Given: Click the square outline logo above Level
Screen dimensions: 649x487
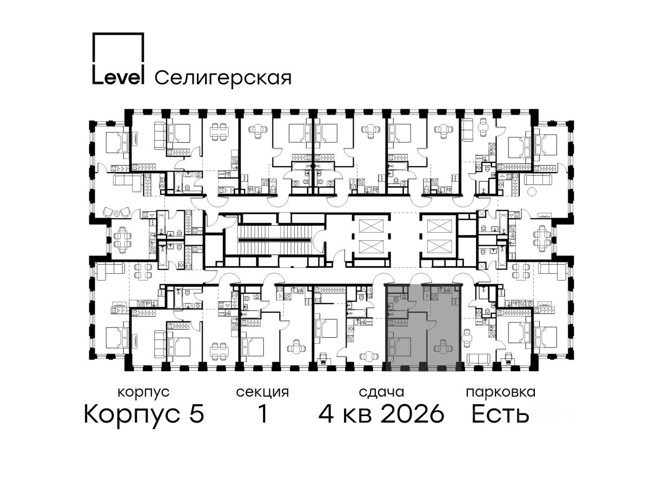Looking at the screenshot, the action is pyautogui.click(x=118, y=34).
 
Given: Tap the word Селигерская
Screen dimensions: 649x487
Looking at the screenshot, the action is pyautogui.click(x=223, y=78).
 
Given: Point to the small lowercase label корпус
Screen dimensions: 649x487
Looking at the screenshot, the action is pyautogui.click(x=144, y=393).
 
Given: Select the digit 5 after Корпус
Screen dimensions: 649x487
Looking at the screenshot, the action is pyautogui.click(x=197, y=414).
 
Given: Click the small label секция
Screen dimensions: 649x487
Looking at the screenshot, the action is pyautogui.click(x=262, y=393).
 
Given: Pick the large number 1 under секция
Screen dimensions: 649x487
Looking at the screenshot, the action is pyautogui.click(x=263, y=413).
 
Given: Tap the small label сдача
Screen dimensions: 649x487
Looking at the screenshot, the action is pyautogui.click(x=381, y=392).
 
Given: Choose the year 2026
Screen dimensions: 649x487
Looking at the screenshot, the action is pyautogui.click(x=412, y=414).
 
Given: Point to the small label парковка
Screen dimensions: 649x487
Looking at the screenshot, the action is pyautogui.click(x=501, y=392).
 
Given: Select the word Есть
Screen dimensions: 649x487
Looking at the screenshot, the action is pyautogui.click(x=500, y=414).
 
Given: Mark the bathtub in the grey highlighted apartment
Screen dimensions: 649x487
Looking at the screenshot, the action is pyautogui.click(x=397, y=314).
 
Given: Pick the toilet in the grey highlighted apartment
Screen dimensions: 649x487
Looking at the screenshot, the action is pyautogui.click(x=404, y=295).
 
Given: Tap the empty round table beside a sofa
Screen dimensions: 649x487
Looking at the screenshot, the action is pyautogui.click(x=532, y=192).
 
